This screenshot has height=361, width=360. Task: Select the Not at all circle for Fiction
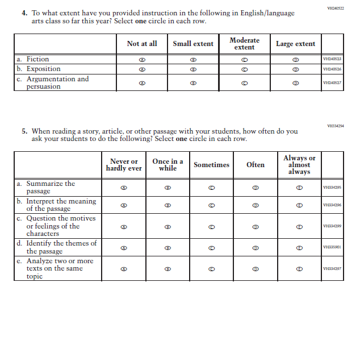pyautogui.click(x=142, y=59)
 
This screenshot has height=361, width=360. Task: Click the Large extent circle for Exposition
pyautogui.click(x=295, y=69)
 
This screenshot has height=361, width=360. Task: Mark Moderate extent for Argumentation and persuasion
pyautogui.click(x=244, y=82)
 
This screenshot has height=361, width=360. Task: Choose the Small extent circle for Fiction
pyautogui.click(x=193, y=59)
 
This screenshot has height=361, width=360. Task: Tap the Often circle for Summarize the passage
pyautogui.click(x=256, y=187)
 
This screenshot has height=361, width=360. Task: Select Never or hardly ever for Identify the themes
pyautogui.click(x=124, y=247)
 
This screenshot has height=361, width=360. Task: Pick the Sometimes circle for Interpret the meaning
pyautogui.click(x=211, y=205)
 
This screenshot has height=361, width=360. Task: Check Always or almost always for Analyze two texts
pyautogui.click(x=299, y=269)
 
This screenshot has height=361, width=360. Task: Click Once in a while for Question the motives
pyautogui.click(x=168, y=226)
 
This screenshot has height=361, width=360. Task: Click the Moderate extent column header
pyautogui.click(x=244, y=44)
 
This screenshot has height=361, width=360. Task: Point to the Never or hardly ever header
pyautogui.click(x=124, y=165)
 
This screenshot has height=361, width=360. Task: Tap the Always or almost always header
pyautogui.click(x=299, y=165)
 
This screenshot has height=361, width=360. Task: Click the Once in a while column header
pyautogui.click(x=168, y=165)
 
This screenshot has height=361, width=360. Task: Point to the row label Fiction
pyautogui.click(x=37, y=59)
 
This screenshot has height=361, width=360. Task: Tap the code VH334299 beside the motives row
pyautogui.click(x=332, y=226)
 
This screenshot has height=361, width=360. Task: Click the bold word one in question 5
pyautogui.click(x=181, y=139)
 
